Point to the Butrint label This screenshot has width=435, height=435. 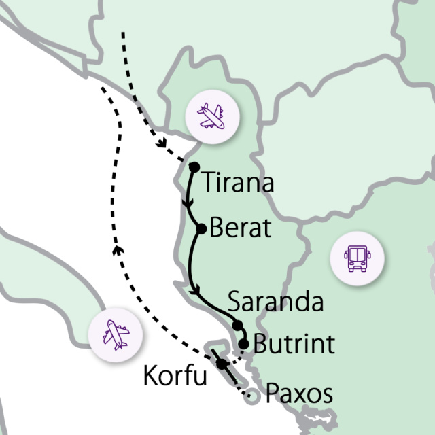[293, 344]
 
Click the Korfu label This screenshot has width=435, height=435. [175, 376]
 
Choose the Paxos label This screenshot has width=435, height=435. [299, 394]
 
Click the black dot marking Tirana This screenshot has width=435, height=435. [194, 167]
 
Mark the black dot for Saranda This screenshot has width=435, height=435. [237, 325]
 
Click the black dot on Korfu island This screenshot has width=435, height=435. [222, 364]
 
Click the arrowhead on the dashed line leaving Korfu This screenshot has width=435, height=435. [116, 250]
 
